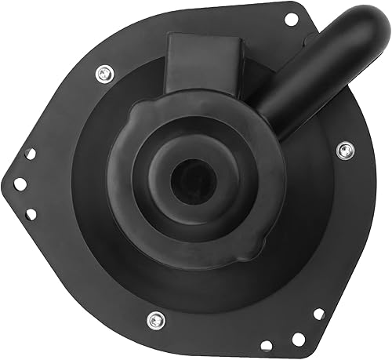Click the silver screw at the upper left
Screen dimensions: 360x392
[103, 74]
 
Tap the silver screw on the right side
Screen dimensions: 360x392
[344, 149]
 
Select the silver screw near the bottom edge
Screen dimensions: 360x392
[155, 319]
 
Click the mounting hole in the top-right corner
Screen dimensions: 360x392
[291, 19]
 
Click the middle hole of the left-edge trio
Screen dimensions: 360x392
[20, 184]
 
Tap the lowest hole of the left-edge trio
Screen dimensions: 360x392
[31, 213]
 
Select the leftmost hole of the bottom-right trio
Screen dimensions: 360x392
[267, 345]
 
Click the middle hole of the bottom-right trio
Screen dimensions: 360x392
[298, 339]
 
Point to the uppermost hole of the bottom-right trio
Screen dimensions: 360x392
[318, 314]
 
